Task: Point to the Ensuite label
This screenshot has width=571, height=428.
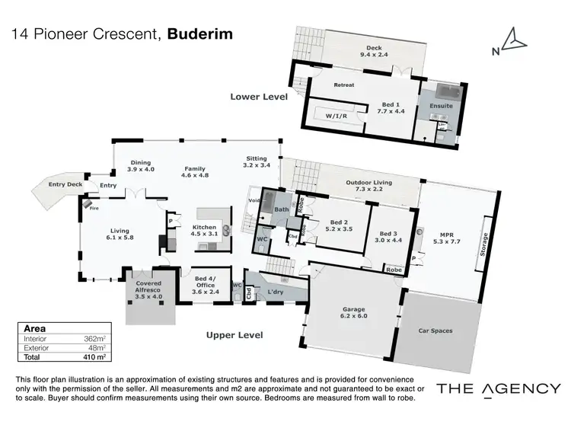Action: pos(441,106)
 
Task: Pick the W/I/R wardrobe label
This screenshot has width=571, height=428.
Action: pos(337,117)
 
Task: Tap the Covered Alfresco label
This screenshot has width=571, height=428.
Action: pos(148,287)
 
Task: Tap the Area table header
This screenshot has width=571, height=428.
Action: pos(35,328)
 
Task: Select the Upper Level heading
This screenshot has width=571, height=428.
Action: pos(234,335)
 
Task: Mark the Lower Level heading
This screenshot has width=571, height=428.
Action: pos(259,97)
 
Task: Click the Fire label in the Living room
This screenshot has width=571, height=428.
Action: pos(94,206)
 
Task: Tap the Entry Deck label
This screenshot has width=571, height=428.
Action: pos(65,184)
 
